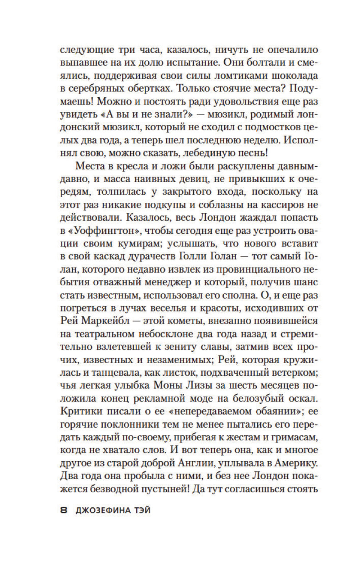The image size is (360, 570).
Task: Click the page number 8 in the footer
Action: (x=64, y=510)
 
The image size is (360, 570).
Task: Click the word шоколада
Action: (x=297, y=76)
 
